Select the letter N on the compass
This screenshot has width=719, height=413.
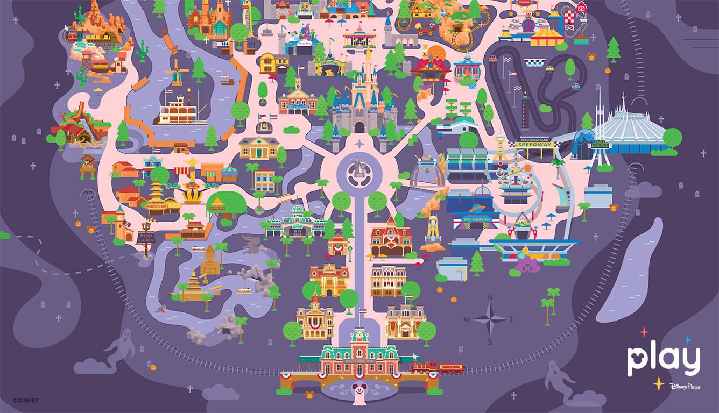[489, 299]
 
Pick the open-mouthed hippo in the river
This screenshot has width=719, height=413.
[161, 308]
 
